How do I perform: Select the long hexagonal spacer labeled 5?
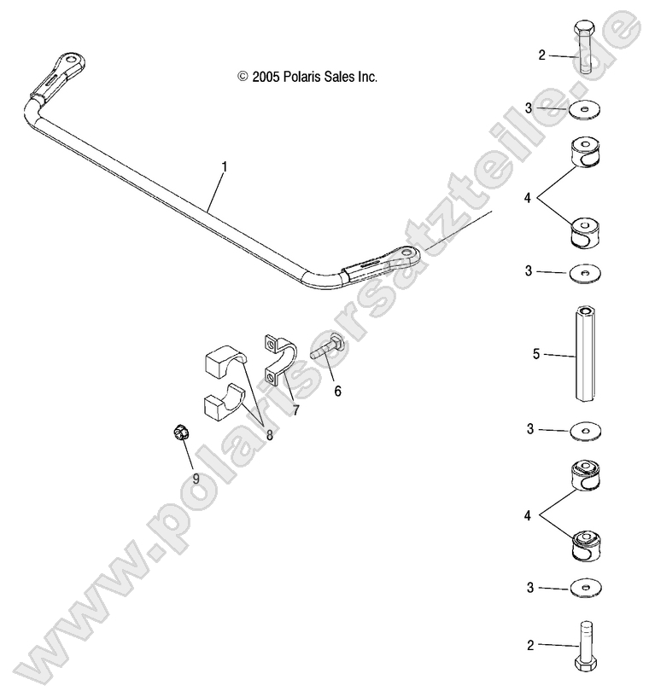coord(586,354)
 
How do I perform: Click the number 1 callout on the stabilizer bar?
coord(224,168)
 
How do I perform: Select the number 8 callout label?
coord(269,434)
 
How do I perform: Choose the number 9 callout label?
coord(196,479)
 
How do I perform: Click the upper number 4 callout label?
coord(529,198)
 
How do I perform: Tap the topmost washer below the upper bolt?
coord(585,109)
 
